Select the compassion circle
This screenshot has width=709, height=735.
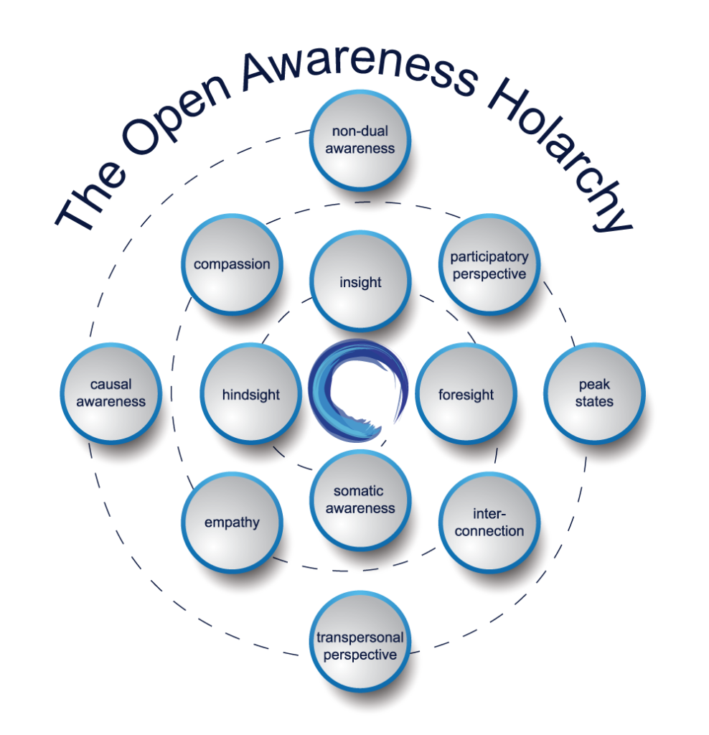pos(231,264)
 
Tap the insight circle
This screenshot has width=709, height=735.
pos(360,282)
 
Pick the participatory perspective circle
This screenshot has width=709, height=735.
pos(489,265)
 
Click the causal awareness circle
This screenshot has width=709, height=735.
pos(111,393)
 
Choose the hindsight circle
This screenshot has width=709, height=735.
pos(250,394)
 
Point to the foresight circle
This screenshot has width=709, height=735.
pos(466,394)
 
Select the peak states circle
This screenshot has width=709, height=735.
pos(594,393)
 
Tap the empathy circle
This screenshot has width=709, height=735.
pos(231,522)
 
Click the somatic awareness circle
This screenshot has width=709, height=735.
pos(360,500)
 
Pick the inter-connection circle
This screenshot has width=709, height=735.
pos(489,522)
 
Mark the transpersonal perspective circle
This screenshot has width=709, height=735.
pos(360,646)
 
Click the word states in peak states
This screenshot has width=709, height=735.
pos(594,402)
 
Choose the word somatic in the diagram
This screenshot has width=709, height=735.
pos(359,492)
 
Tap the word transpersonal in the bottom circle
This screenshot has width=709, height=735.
pos(360,637)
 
